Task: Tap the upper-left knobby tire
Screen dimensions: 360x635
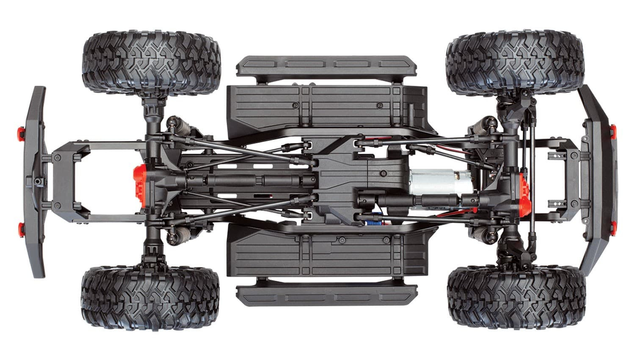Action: click(x=151, y=61)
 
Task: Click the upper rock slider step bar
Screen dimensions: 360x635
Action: click(x=326, y=64)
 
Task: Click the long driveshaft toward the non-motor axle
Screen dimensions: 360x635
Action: click(x=254, y=181)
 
